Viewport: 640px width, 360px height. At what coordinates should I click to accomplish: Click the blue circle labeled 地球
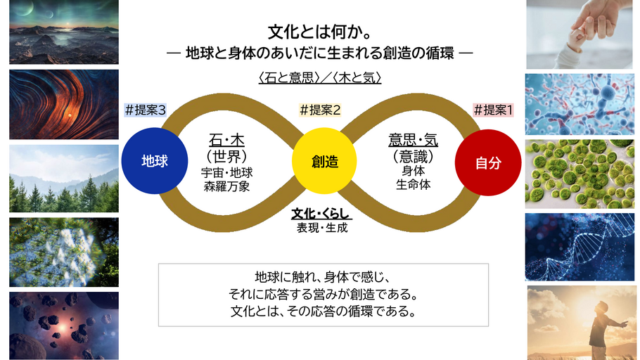154,162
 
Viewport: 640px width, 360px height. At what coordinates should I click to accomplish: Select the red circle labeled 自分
487,162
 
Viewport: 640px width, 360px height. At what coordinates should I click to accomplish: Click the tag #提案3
146,110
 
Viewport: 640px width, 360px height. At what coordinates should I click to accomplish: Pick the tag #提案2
320,110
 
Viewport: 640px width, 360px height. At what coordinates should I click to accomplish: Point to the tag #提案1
494,110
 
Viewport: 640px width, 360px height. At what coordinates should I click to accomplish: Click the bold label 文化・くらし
321,213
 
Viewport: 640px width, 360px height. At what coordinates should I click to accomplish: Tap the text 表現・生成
321,227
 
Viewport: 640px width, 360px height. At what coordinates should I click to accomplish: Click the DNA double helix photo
580,247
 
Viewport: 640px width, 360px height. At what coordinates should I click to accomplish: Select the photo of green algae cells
580,174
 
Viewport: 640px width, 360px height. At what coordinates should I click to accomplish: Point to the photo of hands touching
580,34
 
